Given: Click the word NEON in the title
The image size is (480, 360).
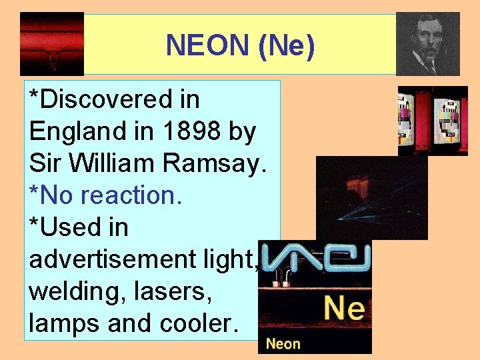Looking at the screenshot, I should click(x=207, y=45).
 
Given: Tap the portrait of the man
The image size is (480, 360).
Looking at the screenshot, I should click(x=427, y=44).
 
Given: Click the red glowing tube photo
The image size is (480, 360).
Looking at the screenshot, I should click(x=52, y=44).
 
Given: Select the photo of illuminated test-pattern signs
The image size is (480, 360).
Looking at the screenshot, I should click(x=433, y=121).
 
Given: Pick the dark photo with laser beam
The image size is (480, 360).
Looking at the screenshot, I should click(x=371, y=197).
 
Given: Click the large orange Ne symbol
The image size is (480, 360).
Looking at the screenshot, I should click(x=344, y=309).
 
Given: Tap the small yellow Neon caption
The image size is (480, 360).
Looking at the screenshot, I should click(x=283, y=344).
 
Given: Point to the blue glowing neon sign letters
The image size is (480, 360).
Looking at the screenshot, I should click(x=315, y=257).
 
